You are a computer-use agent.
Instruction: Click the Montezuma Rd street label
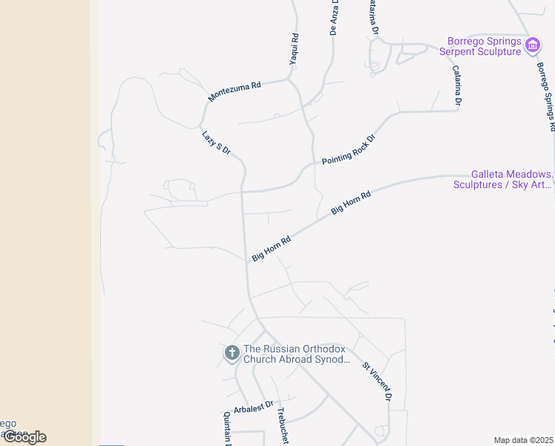[234, 91]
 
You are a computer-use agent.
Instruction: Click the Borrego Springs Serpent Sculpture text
[480, 46]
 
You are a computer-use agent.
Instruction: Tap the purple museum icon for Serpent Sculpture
[532, 45]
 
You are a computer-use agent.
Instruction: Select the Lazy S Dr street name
[217, 142]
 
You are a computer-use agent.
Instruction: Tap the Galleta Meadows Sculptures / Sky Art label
[502, 179]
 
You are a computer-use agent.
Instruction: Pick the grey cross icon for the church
[231, 352]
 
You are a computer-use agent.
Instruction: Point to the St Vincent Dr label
[376, 381]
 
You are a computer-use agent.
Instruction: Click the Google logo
[24, 437]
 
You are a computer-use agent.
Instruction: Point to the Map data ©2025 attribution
[523, 440]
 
